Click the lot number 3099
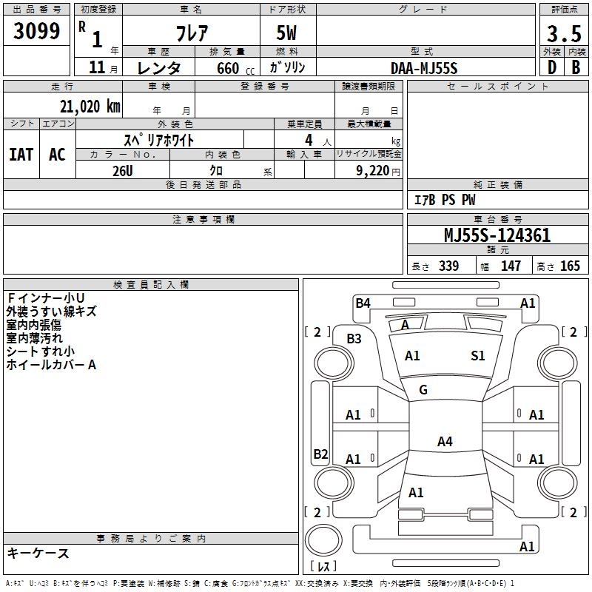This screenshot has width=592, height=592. (37, 31)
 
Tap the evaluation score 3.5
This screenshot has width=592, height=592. (562, 33)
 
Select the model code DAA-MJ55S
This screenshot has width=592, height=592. (424, 68)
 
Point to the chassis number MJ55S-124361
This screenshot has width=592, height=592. (497, 236)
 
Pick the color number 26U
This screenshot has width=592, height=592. (123, 170)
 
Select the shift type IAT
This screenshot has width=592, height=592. (21, 154)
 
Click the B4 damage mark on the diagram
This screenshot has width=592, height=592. (363, 303)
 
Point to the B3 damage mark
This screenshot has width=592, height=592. (354, 339)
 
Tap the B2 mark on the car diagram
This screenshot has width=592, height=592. (320, 454)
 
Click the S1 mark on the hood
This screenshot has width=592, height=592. (478, 356)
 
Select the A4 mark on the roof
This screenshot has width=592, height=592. (445, 442)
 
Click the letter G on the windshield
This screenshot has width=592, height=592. (423, 390)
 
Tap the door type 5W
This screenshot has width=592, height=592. (287, 33)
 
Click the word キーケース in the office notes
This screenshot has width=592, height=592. (38, 554)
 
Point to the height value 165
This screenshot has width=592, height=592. (570, 266)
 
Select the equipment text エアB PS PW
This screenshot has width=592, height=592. (444, 201)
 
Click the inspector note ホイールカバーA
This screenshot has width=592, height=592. (52, 365)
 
